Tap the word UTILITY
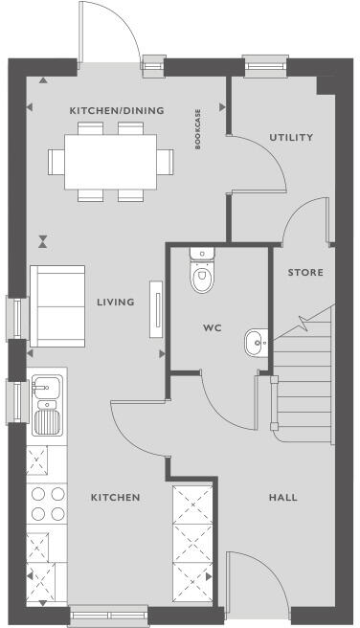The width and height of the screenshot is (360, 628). coord(290,137)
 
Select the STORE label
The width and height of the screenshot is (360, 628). coord(305,273)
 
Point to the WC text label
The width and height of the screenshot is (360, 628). coord(212,327)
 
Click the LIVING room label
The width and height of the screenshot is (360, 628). coord(115,303)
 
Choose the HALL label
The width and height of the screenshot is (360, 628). coord(282,498)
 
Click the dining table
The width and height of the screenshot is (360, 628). coord(110,160)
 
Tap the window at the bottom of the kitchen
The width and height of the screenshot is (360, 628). coord(108,616)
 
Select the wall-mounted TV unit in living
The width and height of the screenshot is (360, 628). coord(153,309)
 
